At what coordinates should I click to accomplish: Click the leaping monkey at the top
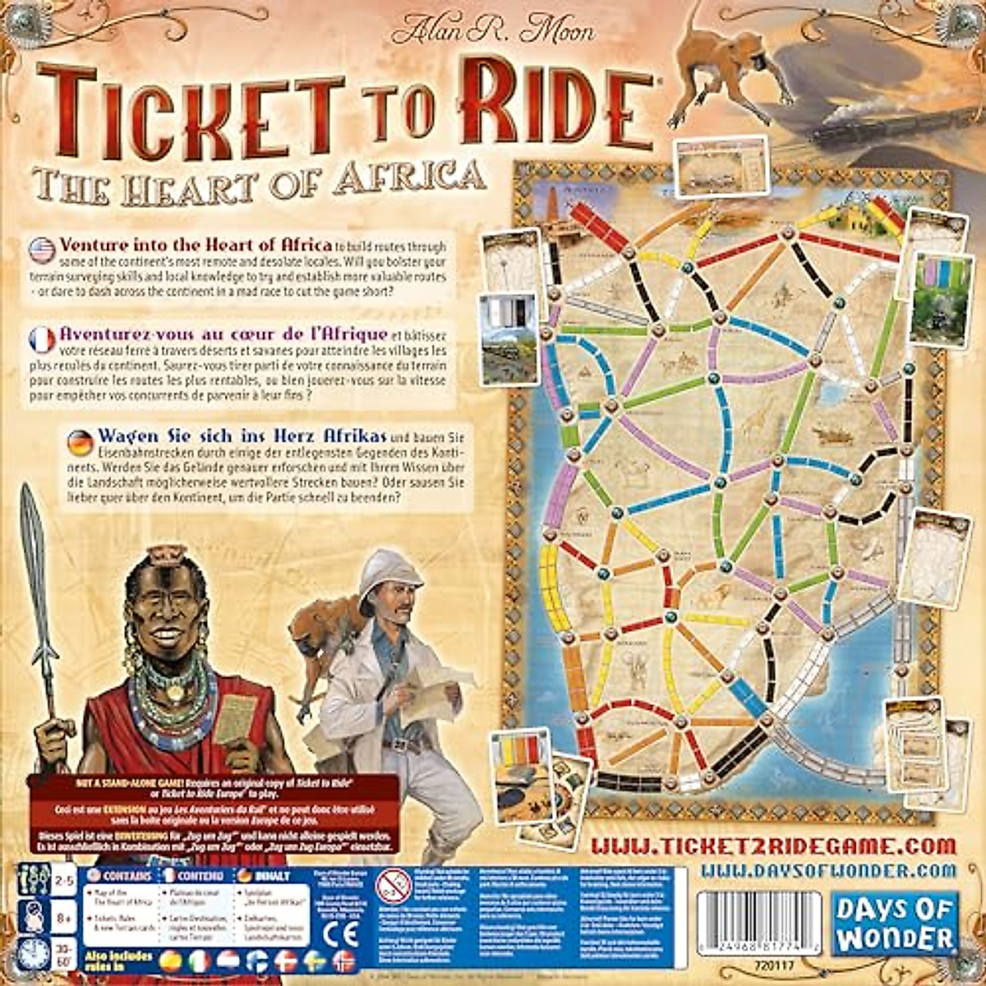tap(723, 66)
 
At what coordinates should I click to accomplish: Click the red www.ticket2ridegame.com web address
tap(774, 845)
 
